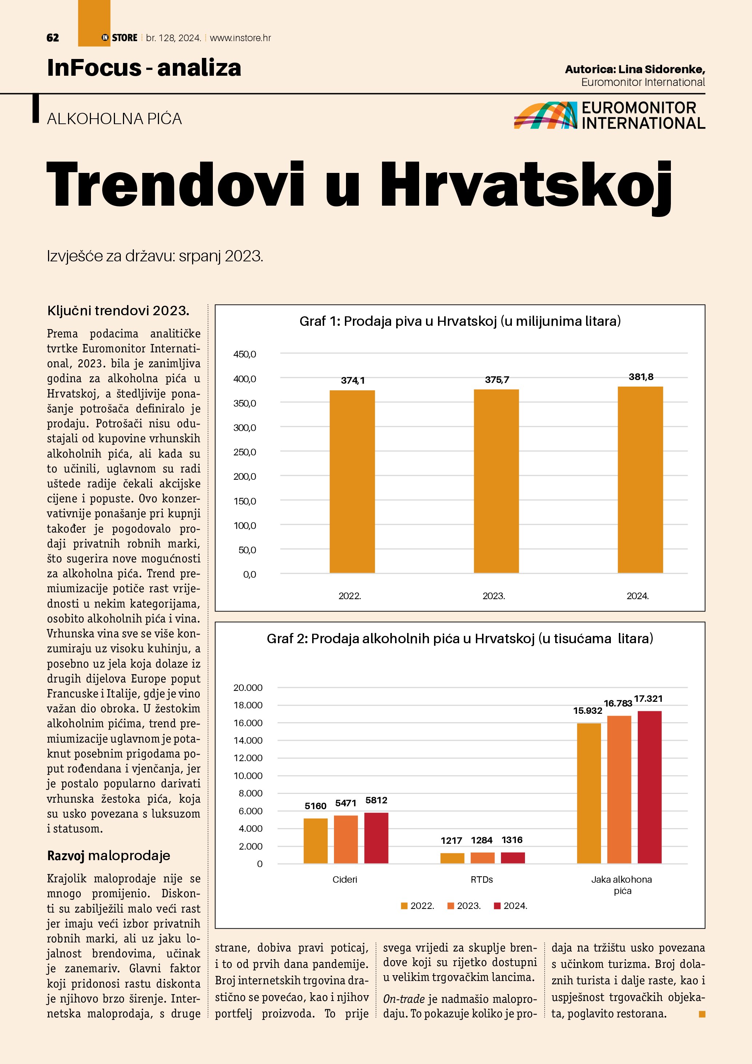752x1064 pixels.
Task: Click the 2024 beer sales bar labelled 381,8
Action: [640, 480]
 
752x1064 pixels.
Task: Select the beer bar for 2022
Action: [352, 482]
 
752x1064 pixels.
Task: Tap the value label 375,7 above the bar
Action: [497, 380]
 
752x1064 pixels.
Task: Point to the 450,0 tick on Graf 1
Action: [244, 355]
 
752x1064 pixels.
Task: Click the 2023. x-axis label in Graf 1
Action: [494, 596]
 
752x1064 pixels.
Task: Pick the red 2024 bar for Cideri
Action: [376, 838]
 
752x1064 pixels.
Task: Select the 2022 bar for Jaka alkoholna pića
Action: [589, 794]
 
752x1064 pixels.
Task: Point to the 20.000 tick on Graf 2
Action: [248, 688]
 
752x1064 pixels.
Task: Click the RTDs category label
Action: [482, 879]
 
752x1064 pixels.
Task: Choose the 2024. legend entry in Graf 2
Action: [511, 906]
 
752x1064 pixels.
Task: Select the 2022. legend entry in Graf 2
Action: [418, 906]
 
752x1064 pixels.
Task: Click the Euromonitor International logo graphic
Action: [545, 115]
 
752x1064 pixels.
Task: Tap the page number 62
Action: [53, 38]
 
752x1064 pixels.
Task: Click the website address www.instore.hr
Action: [240, 38]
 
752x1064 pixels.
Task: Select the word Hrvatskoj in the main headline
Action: [526, 185]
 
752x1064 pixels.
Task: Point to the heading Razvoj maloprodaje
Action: [108, 855]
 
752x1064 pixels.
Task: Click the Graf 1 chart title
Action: [460, 321]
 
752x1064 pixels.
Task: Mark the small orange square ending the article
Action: [701, 1014]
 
